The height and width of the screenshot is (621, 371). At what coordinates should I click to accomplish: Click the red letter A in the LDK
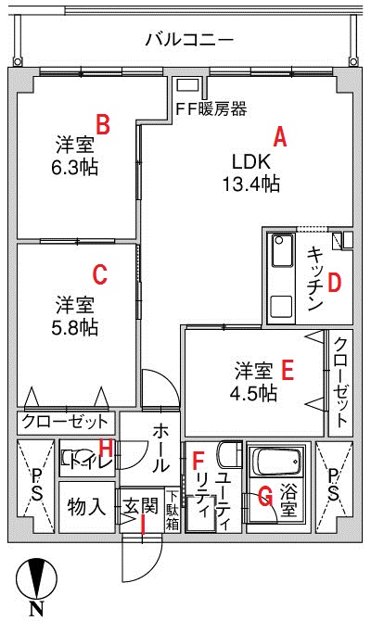click(280, 137)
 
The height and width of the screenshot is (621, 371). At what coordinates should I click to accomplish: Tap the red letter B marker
click(103, 124)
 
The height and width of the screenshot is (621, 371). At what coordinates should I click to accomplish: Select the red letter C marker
click(99, 274)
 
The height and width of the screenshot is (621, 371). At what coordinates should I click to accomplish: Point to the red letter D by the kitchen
click(334, 283)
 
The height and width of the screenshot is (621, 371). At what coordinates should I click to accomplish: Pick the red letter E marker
click(288, 370)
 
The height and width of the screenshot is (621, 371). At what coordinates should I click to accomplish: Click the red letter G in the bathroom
click(265, 496)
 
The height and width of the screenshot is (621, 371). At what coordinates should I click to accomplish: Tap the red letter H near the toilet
click(106, 448)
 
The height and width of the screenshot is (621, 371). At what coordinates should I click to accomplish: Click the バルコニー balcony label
click(189, 40)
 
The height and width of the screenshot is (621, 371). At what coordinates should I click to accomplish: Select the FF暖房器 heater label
click(211, 108)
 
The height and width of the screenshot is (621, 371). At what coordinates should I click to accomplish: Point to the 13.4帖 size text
click(251, 184)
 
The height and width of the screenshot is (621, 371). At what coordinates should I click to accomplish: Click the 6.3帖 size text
click(74, 168)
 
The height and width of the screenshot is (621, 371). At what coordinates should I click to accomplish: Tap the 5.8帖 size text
click(74, 327)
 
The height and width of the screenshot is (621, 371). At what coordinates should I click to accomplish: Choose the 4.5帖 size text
click(254, 393)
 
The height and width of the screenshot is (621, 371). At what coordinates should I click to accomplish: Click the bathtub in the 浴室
click(276, 462)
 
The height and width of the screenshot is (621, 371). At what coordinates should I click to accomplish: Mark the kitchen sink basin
click(282, 251)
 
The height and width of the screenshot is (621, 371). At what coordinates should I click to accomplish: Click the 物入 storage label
click(87, 507)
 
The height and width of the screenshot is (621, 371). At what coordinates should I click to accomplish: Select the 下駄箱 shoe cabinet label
click(173, 511)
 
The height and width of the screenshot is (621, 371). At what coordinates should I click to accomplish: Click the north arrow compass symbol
click(36, 577)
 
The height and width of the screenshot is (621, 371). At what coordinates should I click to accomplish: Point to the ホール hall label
click(161, 448)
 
